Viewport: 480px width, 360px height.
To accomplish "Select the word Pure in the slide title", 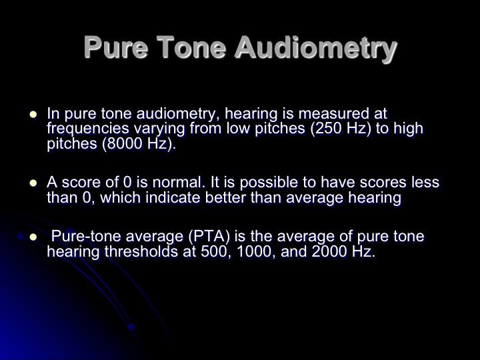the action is point(116,47).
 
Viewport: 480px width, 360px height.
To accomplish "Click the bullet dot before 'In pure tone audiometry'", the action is point(33,115).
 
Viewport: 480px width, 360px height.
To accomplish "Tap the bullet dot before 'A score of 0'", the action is point(33,183).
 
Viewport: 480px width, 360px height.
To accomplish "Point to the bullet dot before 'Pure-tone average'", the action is point(33,237).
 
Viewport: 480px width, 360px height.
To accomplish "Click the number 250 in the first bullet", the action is point(329,128).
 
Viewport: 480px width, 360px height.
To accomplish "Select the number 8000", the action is point(125,143).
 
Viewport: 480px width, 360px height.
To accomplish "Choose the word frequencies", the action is point(88,129).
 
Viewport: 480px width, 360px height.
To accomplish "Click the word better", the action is point(225,198).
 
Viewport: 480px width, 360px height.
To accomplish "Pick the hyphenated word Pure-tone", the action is point(86,237).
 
